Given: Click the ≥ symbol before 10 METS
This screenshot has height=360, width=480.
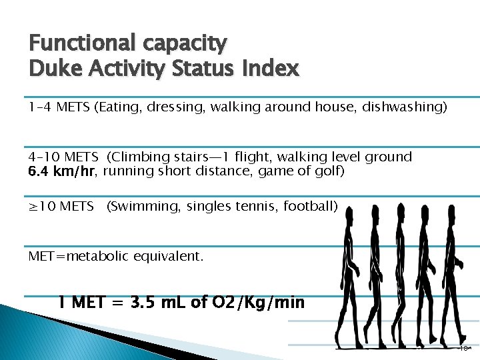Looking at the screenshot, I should point(34,207).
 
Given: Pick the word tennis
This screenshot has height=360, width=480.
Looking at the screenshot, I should point(261,207).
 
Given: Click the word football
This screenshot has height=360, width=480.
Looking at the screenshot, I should point(309,207).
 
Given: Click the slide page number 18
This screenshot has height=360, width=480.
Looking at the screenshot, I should point(463,348).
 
